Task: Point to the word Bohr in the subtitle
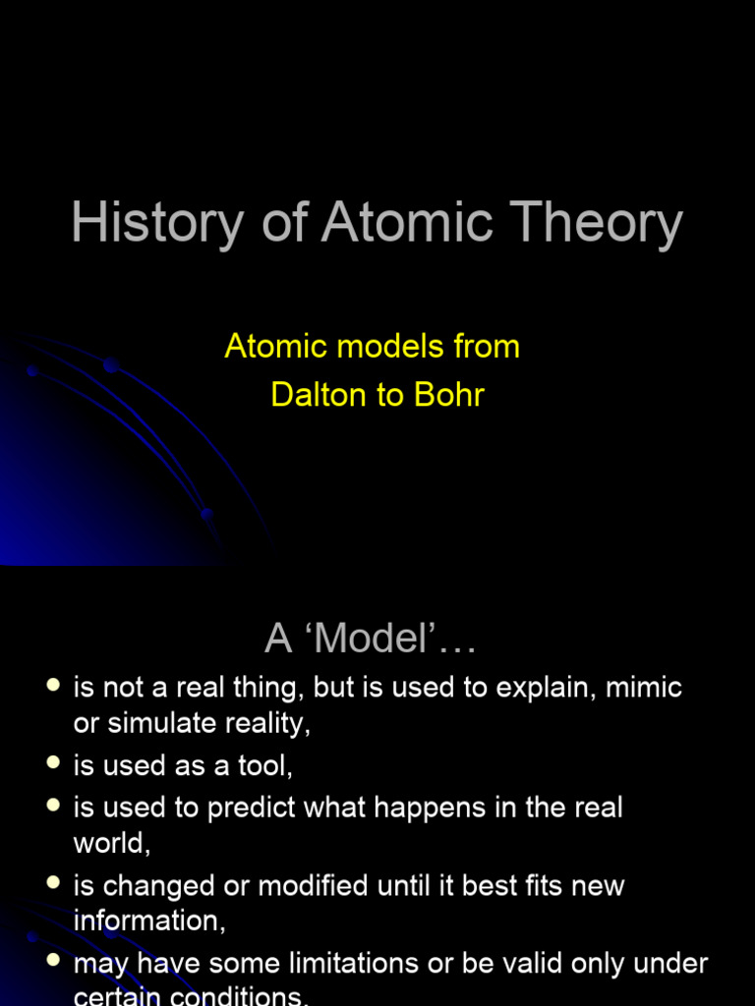click(x=451, y=395)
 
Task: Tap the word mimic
click(x=644, y=687)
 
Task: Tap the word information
click(x=148, y=921)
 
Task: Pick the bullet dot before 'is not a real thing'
click(x=54, y=684)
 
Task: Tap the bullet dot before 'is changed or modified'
click(x=54, y=882)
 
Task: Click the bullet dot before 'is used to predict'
click(x=54, y=806)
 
